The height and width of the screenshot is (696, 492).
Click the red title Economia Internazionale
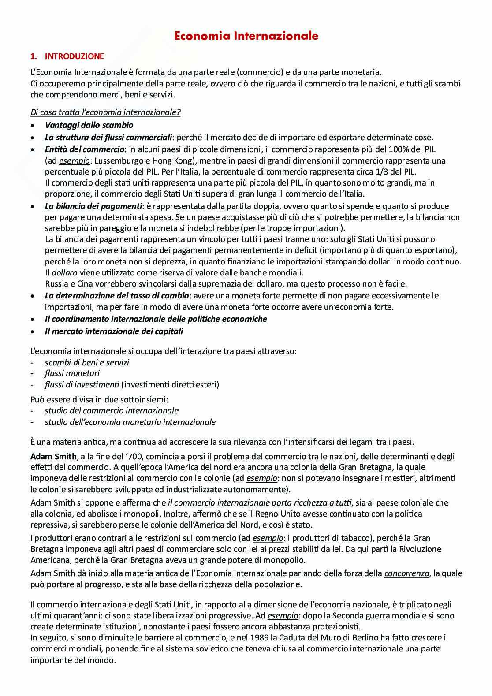click(246, 36)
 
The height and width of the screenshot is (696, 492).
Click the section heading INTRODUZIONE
click(74, 56)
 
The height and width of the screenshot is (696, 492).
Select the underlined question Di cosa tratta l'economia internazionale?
click(105, 112)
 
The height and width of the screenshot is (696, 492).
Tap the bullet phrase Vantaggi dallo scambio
click(89, 125)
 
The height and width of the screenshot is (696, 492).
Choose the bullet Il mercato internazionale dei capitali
click(114, 331)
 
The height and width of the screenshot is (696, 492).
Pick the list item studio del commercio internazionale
click(112, 411)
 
